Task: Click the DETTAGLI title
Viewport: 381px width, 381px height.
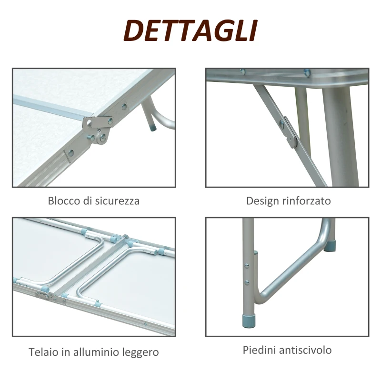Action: click(x=190, y=30)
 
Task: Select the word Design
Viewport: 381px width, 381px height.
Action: click(x=263, y=201)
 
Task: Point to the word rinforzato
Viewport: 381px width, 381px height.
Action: click(x=306, y=201)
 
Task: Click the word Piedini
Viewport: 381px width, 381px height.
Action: click(x=260, y=350)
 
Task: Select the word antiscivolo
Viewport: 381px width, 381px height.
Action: click(x=305, y=350)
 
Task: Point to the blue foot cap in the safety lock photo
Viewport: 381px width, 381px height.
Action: click(x=153, y=128)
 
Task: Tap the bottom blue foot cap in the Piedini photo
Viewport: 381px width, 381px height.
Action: click(x=249, y=319)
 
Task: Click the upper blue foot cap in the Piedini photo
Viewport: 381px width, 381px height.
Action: click(x=330, y=245)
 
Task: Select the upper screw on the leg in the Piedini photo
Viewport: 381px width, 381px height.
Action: click(x=247, y=266)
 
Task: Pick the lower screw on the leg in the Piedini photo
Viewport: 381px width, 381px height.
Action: click(x=247, y=282)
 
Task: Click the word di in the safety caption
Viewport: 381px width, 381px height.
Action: click(x=88, y=201)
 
